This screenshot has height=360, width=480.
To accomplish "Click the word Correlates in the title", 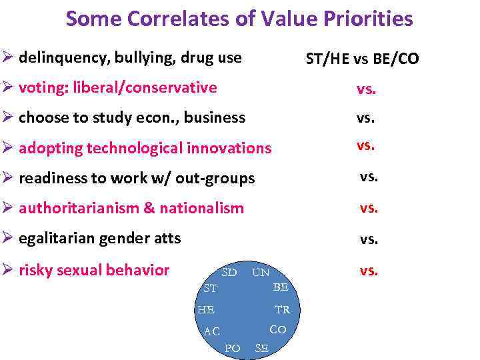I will (x=170, y=19).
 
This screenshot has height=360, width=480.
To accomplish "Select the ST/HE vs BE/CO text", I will (x=362, y=59).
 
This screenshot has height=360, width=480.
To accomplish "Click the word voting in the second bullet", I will (x=41, y=87).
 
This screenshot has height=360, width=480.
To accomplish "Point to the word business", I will (x=215, y=118).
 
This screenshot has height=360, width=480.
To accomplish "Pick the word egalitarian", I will (x=58, y=237).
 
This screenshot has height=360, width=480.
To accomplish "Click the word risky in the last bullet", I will (x=36, y=270).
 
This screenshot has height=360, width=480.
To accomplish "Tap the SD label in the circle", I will (x=229, y=273).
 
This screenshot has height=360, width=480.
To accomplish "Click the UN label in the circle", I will (x=260, y=273).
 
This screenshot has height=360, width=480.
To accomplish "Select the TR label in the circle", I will (x=283, y=310).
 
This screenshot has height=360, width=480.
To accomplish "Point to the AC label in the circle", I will (x=212, y=332).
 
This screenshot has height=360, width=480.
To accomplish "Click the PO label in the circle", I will (x=233, y=348).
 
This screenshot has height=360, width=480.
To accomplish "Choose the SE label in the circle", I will (x=261, y=348).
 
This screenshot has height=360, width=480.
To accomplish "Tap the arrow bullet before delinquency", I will (x=9, y=58).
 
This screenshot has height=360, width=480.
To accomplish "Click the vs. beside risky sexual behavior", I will (x=369, y=270).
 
